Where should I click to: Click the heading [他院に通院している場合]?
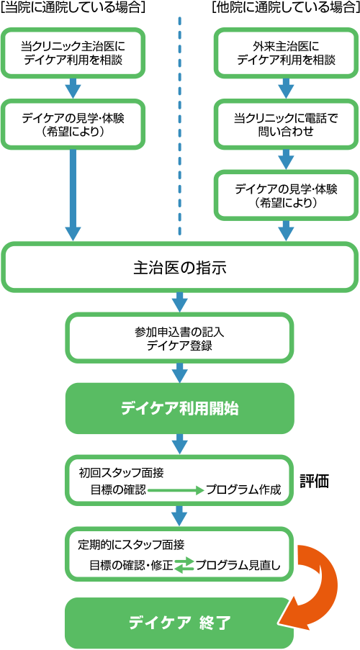[x=286, y=9]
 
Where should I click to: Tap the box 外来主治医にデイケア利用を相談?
[x=286, y=53]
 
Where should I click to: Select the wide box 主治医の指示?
[x=179, y=267]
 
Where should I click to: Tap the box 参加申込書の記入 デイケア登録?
[x=179, y=338]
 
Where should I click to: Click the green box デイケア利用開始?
[x=179, y=408]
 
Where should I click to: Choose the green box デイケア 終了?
[x=179, y=622]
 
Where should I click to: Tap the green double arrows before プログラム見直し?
[x=184, y=564]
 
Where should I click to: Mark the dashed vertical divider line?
[x=179, y=122]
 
